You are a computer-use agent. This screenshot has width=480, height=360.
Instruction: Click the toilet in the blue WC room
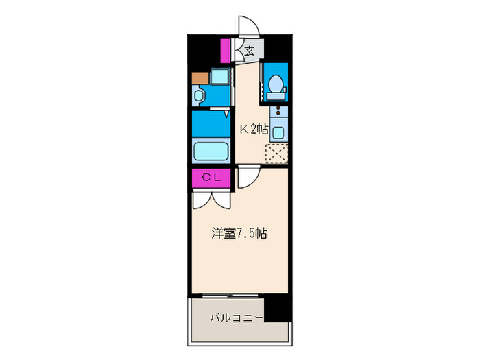click(277, 84)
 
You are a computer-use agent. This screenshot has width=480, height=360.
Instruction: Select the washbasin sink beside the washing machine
click(200, 95)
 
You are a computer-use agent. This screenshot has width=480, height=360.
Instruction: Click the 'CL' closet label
click(211, 177)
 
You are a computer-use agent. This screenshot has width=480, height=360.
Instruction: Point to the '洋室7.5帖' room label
click(238, 233)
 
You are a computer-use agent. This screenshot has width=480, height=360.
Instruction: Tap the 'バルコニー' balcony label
click(236, 318)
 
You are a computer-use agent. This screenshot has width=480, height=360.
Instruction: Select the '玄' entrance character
click(249, 50)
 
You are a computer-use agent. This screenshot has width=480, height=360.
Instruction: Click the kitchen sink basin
click(278, 129)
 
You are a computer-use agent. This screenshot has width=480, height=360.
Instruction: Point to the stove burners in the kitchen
click(278, 110)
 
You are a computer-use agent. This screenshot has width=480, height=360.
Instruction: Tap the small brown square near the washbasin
click(200, 77)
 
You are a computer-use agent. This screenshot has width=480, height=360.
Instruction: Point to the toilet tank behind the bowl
click(277, 96)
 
